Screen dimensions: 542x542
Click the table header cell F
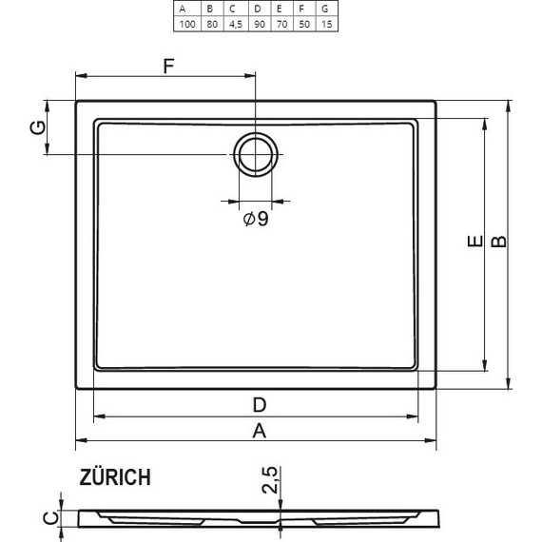coord(302,7)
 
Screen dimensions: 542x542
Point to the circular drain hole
coord(256,153)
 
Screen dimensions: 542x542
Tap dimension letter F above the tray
coord(169,66)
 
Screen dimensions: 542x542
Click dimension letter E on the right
coord(473,243)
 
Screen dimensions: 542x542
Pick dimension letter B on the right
coord(498,243)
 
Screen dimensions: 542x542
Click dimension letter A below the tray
coord(257,431)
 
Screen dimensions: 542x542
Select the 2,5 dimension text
coord(270,481)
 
